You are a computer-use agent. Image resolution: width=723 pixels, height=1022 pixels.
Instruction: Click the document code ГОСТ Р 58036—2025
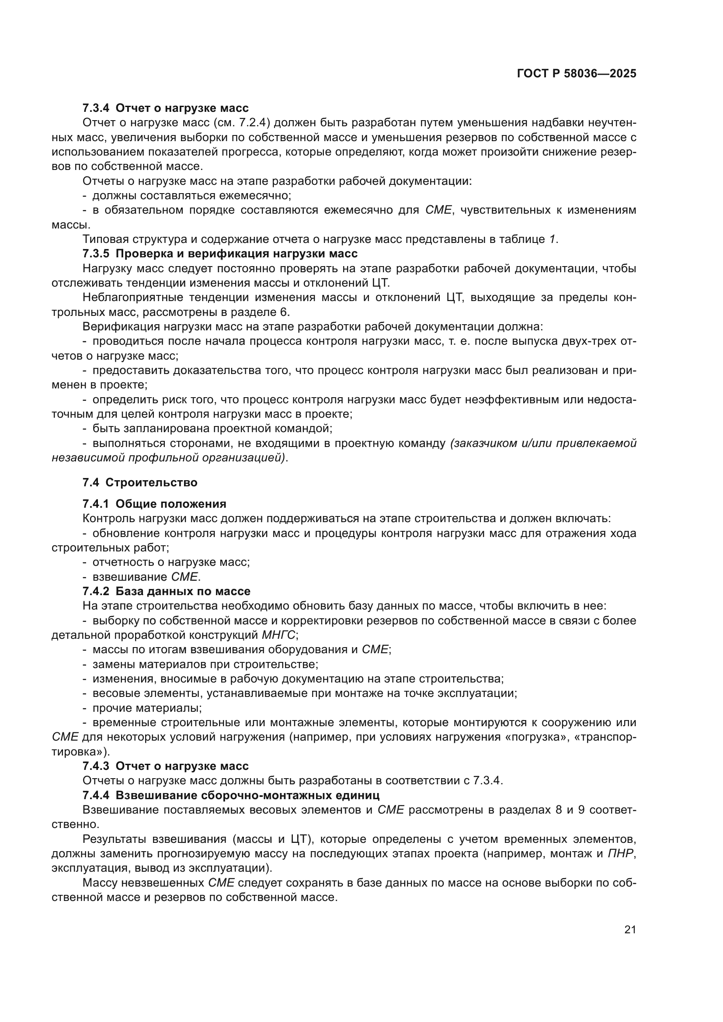tap(577, 74)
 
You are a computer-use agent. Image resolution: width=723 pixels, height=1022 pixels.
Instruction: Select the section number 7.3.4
tap(95, 108)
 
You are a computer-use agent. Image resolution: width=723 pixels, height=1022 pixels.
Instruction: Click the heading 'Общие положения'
tap(170, 504)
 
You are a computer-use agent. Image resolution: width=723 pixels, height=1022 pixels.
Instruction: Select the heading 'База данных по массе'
tap(183, 591)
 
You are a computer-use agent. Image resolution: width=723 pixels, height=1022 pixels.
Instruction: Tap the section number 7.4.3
tap(95, 766)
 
